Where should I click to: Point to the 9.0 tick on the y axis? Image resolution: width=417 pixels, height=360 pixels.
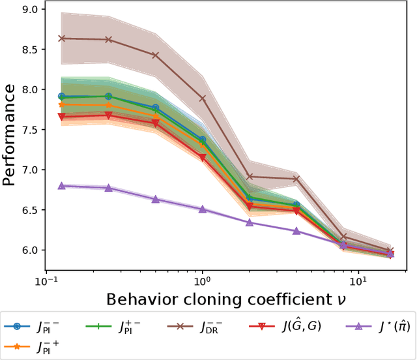coord(27,9)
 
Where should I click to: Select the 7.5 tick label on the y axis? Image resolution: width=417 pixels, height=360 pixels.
coord(27,129)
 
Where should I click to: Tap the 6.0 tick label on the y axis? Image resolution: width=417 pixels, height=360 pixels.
coord(27,250)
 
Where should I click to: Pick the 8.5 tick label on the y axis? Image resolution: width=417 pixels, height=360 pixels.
coord(27,50)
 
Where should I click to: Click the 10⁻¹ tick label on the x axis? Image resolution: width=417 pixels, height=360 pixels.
coord(46,280)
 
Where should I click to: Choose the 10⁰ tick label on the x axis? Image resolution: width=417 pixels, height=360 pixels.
coord(202,280)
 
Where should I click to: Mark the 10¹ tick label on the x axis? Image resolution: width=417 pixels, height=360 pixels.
coord(357,280)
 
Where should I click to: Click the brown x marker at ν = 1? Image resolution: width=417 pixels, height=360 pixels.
coord(202,98)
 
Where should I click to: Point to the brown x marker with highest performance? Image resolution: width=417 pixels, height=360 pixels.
coord(62,38)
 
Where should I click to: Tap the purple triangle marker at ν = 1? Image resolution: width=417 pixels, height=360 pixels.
coord(202,209)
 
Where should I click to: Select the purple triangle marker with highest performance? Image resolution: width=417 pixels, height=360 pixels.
coord(62,186)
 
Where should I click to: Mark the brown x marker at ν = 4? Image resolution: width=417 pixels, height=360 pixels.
coord(296,179)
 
